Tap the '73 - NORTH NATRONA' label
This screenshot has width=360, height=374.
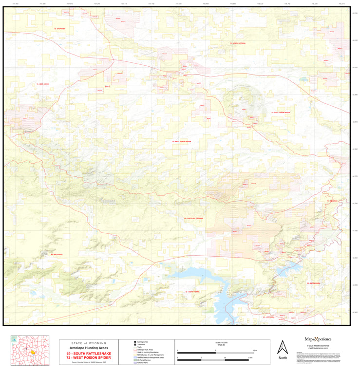coord(238,43)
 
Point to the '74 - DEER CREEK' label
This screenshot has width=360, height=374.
coord(42,84)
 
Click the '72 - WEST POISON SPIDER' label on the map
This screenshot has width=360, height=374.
coord(182,142)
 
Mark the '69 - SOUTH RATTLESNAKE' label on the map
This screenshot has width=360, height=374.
coord(193,219)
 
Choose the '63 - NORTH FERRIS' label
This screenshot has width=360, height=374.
coord(193,292)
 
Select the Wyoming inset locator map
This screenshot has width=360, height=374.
coord(30,350)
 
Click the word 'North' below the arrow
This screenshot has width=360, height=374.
coord(283,358)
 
